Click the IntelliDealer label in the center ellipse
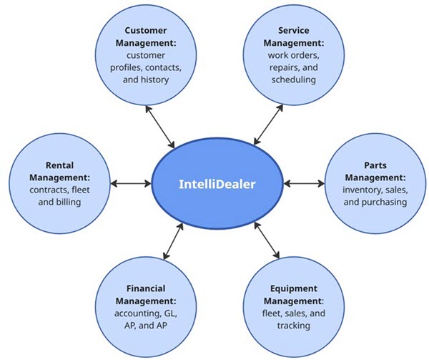217,184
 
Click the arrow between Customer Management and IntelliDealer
161,127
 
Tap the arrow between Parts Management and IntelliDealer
304,184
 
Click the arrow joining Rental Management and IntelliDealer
132,184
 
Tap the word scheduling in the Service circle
294,79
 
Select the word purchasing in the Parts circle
376,202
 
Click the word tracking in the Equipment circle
292,326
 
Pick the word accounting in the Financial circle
136,314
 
